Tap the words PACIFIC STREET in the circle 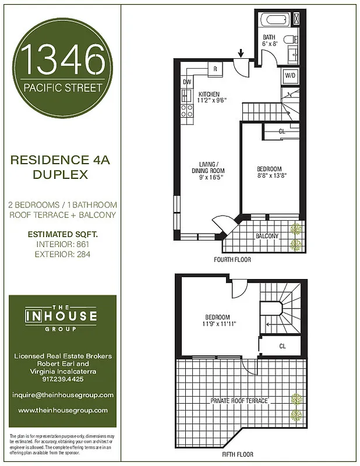click(x=63, y=89)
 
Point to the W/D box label click(x=290, y=76)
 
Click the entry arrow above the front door click(x=241, y=54)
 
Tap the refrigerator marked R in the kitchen click(x=215, y=69)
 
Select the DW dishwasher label click(x=187, y=82)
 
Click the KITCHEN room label click(x=209, y=94)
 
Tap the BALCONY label click(x=267, y=236)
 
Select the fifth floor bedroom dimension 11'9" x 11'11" click(x=219, y=324)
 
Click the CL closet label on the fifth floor click(x=282, y=345)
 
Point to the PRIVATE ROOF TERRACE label click(x=239, y=401)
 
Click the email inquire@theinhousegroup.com click(x=63, y=395)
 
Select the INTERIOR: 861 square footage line click(x=63, y=245)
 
